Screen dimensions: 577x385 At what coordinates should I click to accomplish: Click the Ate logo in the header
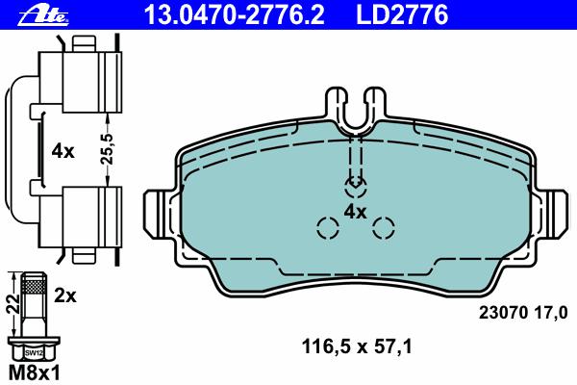pyautogui.click(x=43, y=15)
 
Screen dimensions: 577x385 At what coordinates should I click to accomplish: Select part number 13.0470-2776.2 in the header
pyautogui.click(x=235, y=14)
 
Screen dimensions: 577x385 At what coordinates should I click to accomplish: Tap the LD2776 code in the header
pyautogui.click(x=402, y=14)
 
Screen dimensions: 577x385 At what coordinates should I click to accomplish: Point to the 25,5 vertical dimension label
pyautogui.click(x=108, y=149)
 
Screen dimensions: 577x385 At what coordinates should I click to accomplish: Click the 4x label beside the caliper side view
pyautogui.click(x=63, y=151)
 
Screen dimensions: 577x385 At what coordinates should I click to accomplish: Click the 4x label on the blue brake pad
pyautogui.click(x=356, y=212)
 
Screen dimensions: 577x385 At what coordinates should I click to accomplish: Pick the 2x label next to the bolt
pyautogui.click(x=65, y=295)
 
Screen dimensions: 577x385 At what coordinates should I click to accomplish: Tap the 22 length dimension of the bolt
pyautogui.click(x=14, y=304)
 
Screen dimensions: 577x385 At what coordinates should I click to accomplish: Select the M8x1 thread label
pyautogui.click(x=34, y=372)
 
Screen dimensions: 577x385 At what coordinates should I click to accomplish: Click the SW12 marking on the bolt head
pyautogui.click(x=34, y=353)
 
